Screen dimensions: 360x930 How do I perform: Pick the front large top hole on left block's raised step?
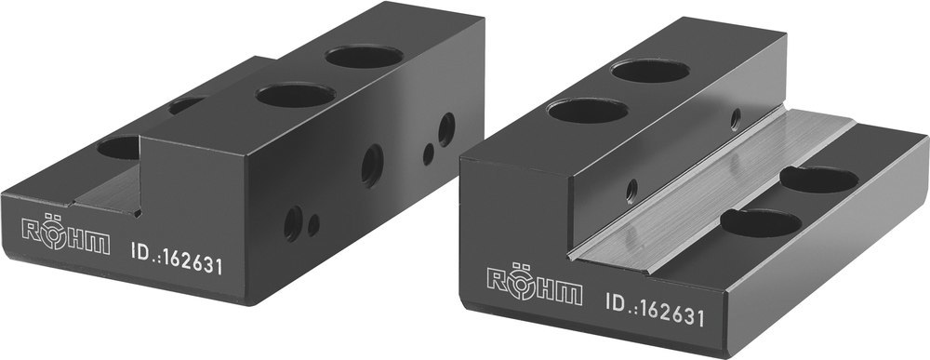click(x=296, y=94)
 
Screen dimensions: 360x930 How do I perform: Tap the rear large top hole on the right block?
click(x=650, y=71)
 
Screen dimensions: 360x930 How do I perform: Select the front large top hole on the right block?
click(x=587, y=111)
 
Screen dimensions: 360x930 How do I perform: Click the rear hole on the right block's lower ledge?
click(x=818, y=179)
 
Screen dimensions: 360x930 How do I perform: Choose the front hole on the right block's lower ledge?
click(x=762, y=222)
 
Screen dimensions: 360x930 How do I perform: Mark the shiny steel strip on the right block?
click(x=707, y=192)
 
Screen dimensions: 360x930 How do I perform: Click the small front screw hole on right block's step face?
click(x=631, y=190)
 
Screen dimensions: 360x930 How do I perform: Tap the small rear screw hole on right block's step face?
click(x=736, y=118)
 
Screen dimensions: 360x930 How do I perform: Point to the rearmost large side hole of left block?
click(x=446, y=129)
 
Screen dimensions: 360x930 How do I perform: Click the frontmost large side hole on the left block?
click(x=293, y=222)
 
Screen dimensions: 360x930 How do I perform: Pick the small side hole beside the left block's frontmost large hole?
click(x=314, y=224)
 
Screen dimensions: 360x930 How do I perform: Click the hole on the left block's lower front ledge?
click(x=117, y=147)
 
